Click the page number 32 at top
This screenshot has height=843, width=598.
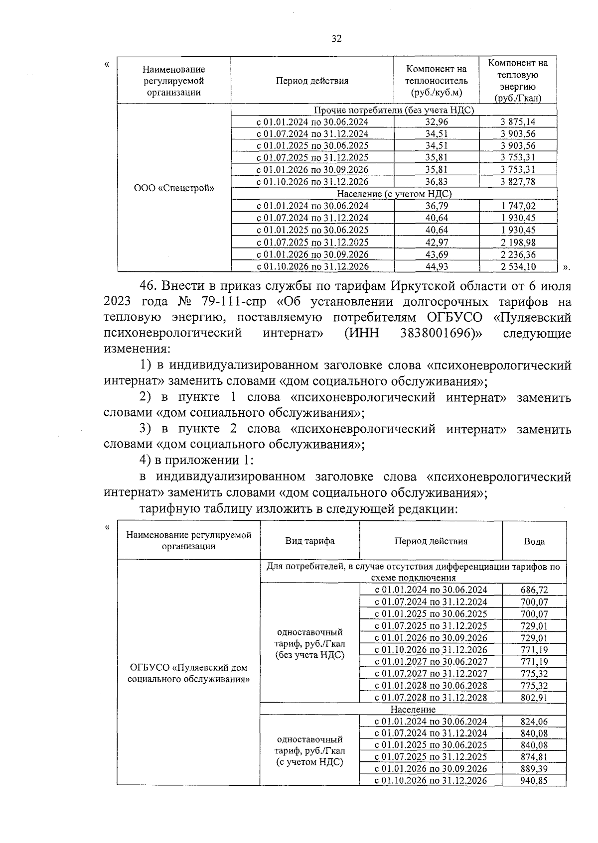(336, 39)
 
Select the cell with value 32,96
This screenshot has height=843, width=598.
(437, 122)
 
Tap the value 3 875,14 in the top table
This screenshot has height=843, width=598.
(518, 122)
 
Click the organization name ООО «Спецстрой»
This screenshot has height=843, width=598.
(174, 188)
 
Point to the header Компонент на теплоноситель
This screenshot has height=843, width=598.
(437, 81)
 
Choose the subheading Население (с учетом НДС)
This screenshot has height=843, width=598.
(394, 194)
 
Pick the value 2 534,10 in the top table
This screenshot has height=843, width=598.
(518, 266)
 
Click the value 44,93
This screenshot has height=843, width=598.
(437, 266)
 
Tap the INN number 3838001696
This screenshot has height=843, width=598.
(436, 333)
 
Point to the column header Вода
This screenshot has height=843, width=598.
(534, 541)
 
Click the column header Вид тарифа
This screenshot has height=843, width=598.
(309, 541)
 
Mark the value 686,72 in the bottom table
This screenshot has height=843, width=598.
(534, 590)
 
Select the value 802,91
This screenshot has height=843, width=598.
(534, 698)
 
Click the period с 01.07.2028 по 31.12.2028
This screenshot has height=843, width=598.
(431, 698)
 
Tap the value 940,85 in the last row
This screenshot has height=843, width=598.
(534, 781)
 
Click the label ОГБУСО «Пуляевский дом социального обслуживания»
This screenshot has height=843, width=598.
(188, 673)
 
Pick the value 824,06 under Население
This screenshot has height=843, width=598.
(534, 722)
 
